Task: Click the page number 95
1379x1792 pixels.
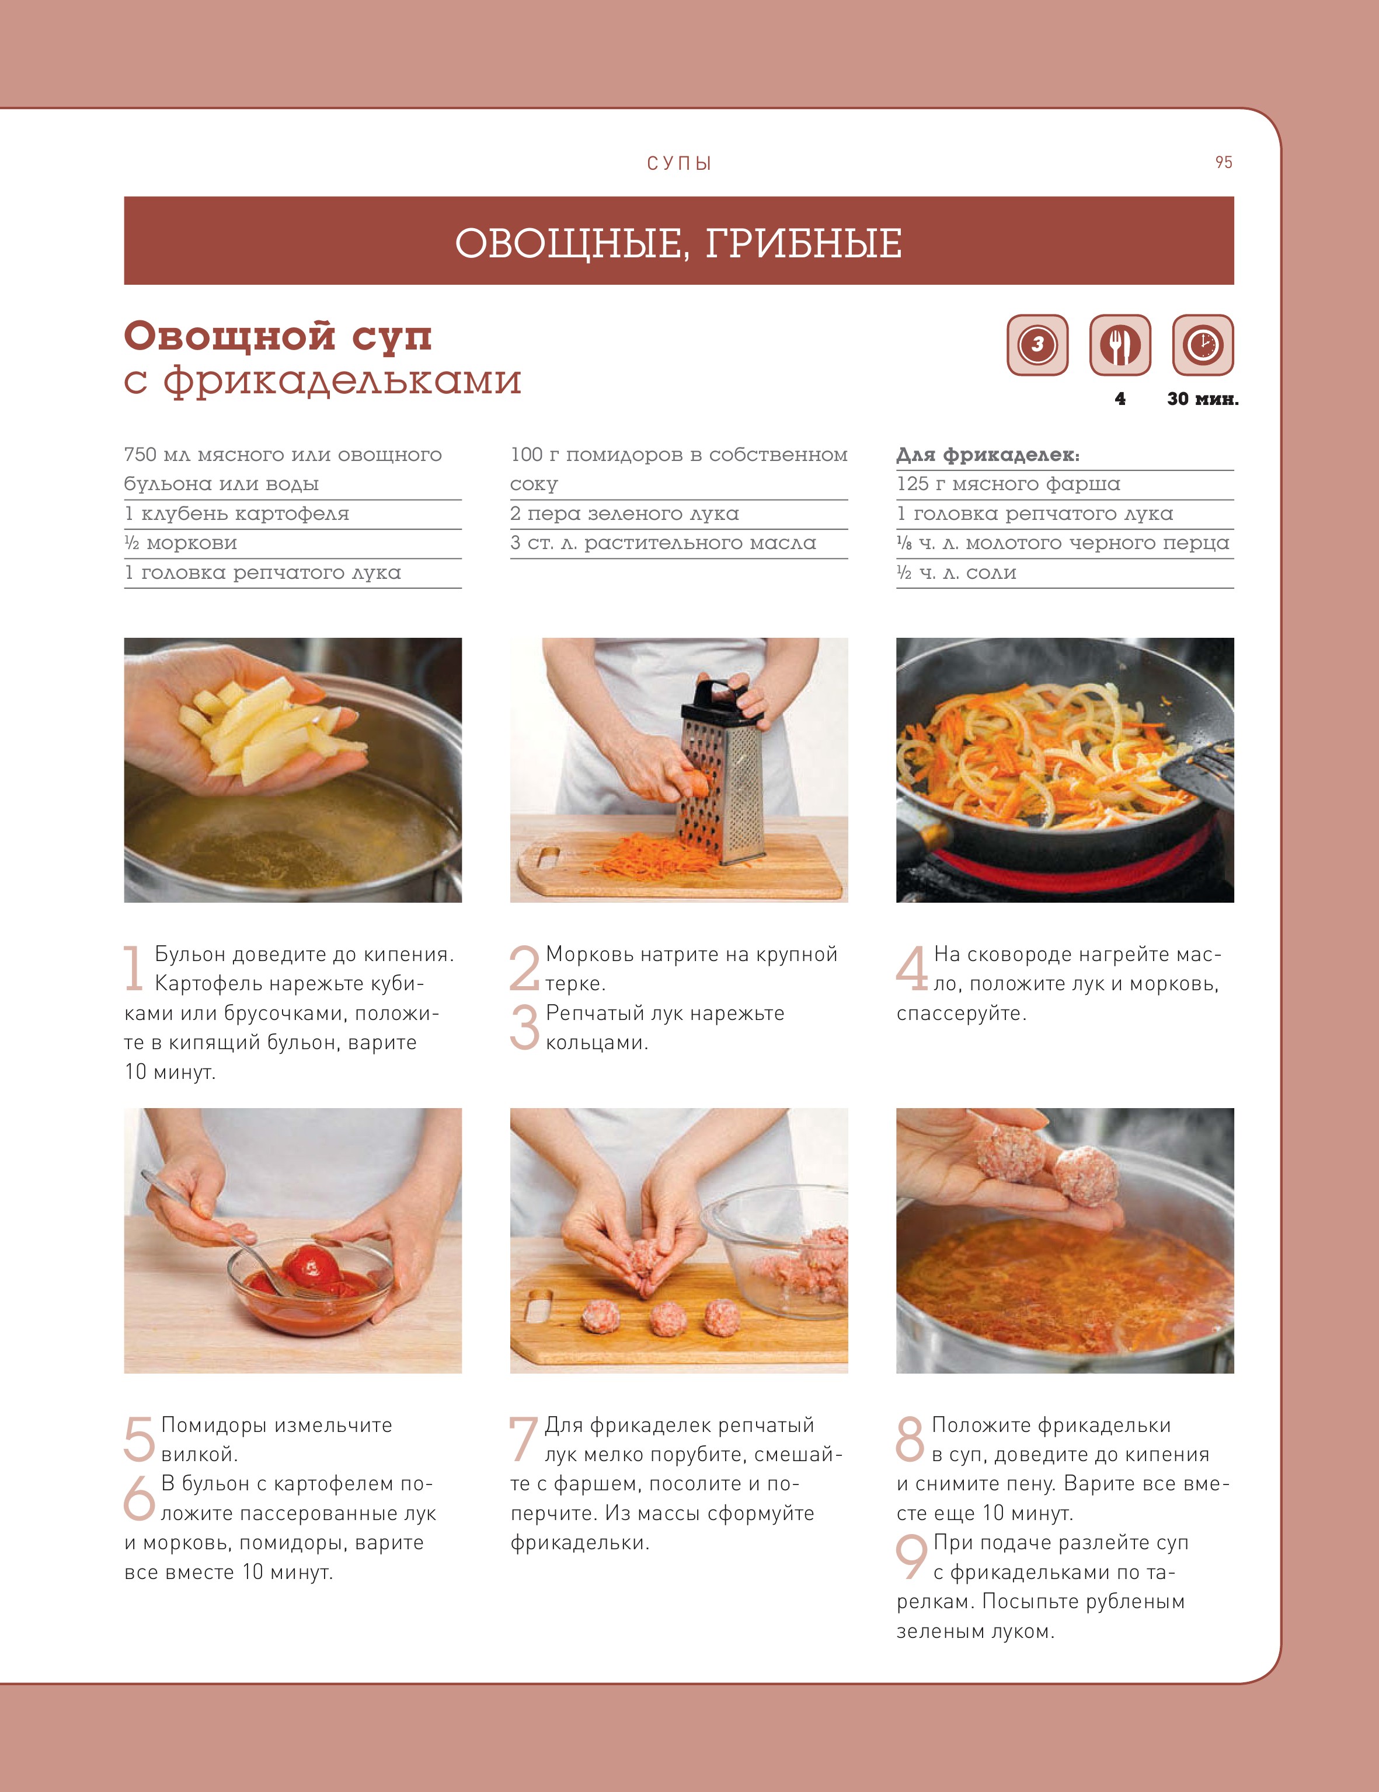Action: point(1223,162)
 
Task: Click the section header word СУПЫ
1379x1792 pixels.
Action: point(679,163)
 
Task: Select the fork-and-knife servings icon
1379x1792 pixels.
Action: point(1120,345)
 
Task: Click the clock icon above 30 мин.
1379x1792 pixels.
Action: point(1203,345)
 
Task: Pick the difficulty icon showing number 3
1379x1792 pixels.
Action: point(1037,345)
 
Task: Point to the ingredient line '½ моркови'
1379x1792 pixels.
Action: point(180,543)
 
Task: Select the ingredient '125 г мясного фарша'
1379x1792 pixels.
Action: point(1008,484)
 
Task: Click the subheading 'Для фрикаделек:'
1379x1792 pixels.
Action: point(987,455)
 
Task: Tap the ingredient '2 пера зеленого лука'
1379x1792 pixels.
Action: point(624,514)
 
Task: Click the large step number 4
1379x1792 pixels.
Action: point(912,967)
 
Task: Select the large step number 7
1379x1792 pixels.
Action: point(523,1438)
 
